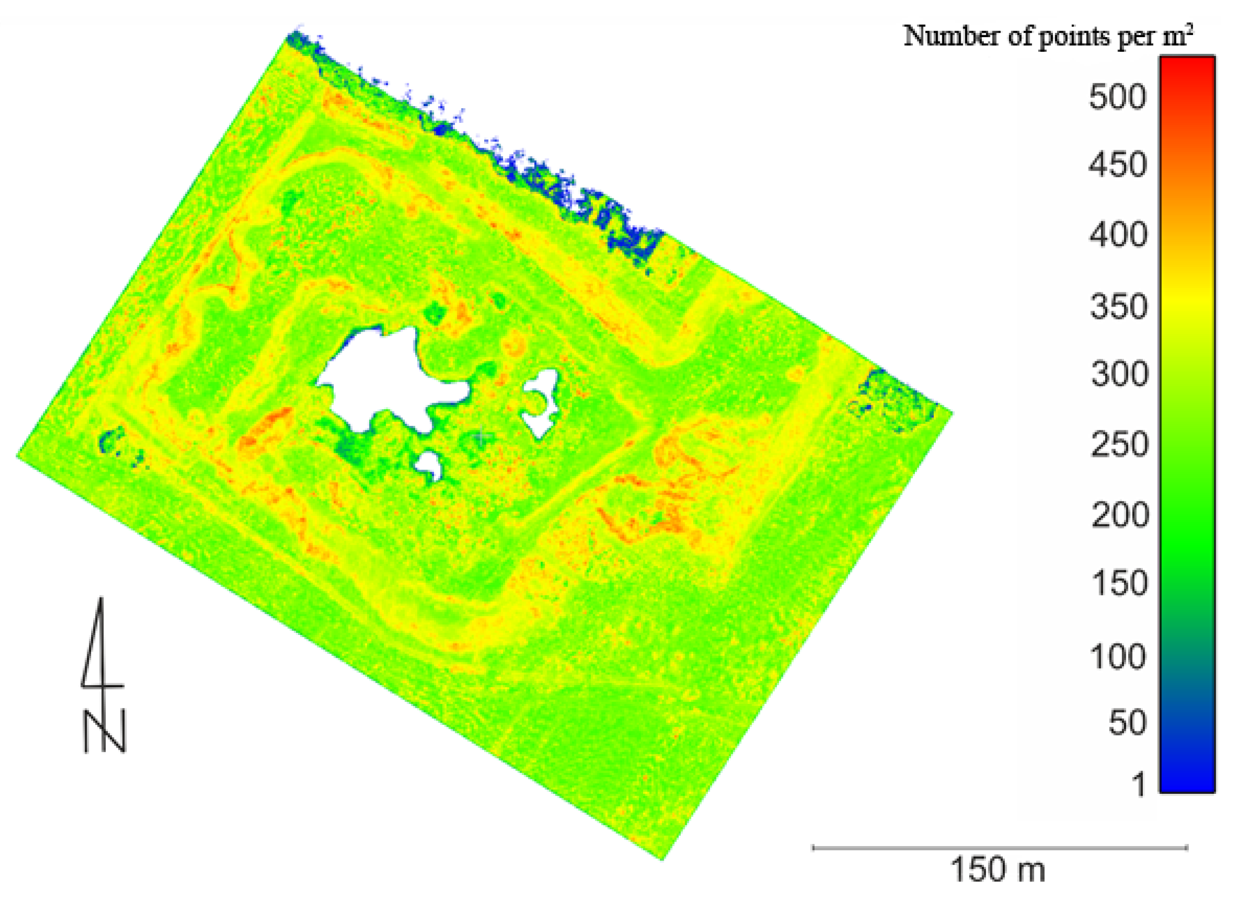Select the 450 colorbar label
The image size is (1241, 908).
1118,164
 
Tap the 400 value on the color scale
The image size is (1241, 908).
1118,235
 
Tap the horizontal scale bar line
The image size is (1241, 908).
999,848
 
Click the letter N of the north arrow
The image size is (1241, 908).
105,731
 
